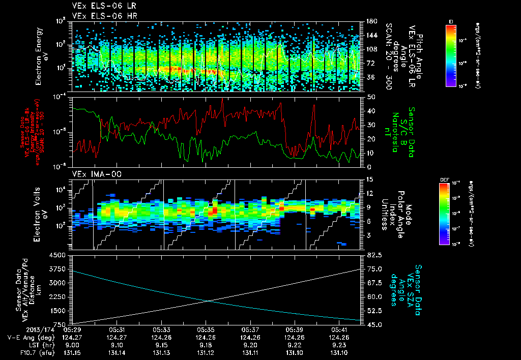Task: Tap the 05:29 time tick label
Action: point(73,329)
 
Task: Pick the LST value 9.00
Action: point(73,345)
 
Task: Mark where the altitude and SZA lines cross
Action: point(208,301)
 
